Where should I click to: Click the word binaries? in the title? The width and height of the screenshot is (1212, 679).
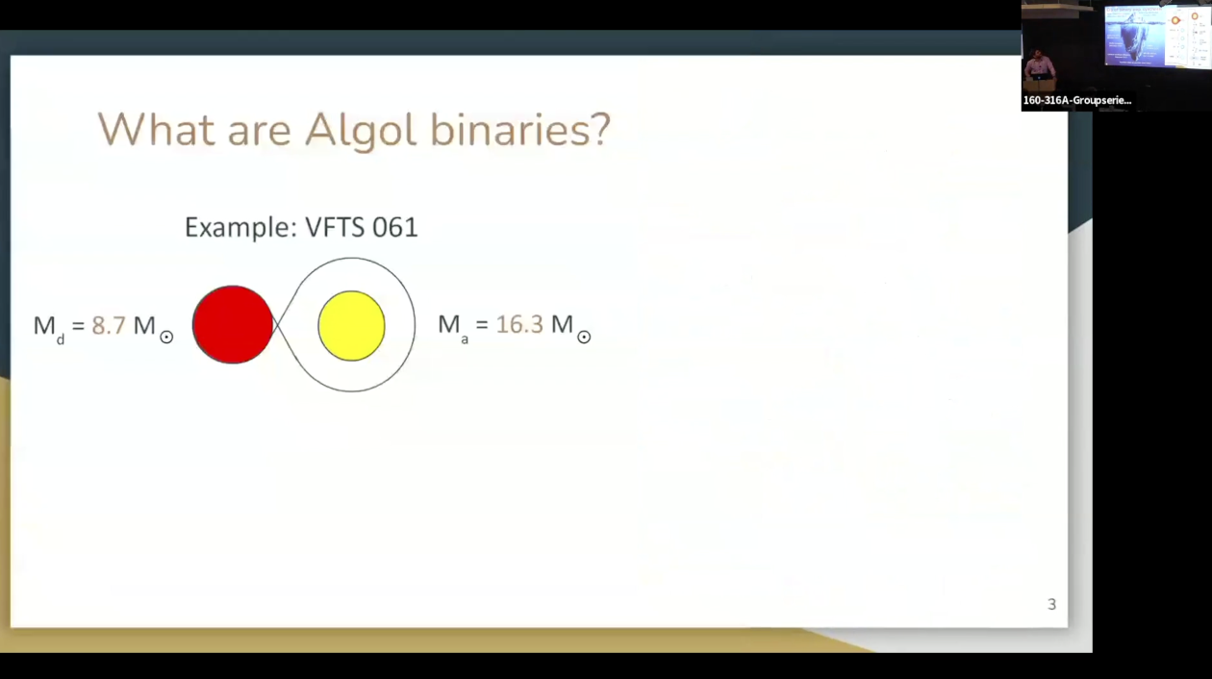coord(519,130)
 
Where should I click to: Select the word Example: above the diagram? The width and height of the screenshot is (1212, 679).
coord(240,228)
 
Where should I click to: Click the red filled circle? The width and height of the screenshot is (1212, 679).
coord(233,325)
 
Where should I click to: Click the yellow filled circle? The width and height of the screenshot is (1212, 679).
coord(351,326)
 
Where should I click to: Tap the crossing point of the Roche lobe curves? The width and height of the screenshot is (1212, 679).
coord(277,325)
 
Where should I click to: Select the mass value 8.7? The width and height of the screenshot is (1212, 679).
coord(109,325)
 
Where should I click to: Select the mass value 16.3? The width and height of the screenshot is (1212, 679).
coord(519,325)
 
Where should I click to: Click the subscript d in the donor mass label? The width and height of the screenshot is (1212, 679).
coord(60,338)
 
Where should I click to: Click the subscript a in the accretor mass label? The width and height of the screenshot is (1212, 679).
coord(465,338)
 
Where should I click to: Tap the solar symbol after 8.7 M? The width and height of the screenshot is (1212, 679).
coord(166,337)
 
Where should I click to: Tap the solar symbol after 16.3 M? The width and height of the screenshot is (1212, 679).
coord(584,337)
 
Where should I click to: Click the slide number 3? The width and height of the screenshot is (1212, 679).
coord(1051,604)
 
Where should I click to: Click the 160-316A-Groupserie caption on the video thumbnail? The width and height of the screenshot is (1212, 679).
coord(1076,100)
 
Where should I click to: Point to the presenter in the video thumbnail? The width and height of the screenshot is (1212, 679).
coord(1039,67)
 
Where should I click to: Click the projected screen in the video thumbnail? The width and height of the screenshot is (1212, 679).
coord(1154,37)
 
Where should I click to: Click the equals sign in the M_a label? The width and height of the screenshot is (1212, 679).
coord(482,326)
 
